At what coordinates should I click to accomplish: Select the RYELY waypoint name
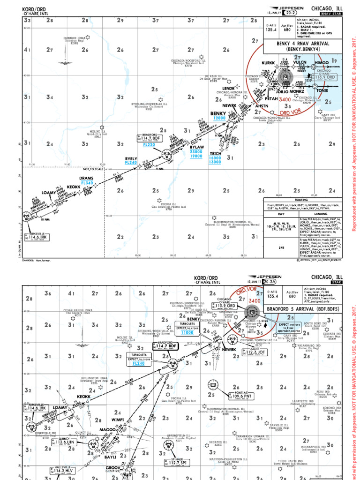tap(131, 159)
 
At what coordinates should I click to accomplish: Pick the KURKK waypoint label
tap(268, 62)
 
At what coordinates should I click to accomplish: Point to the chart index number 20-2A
tap(269, 283)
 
